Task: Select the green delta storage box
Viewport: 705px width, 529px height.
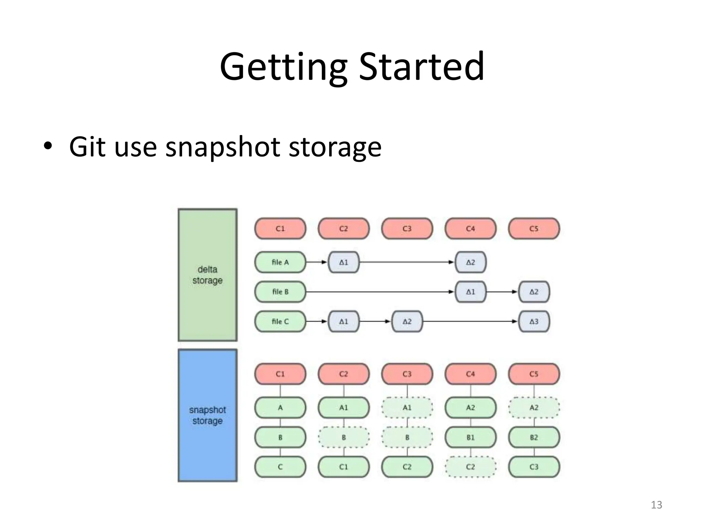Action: (207, 275)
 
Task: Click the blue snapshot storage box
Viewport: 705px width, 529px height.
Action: (207, 415)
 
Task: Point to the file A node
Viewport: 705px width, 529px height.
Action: (280, 262)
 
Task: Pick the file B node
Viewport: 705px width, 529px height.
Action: (280, 292)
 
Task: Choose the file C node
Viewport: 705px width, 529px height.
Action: (280, 321)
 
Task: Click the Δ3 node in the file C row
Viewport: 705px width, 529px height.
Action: (534, 321)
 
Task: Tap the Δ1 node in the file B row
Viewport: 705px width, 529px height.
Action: (470, 292)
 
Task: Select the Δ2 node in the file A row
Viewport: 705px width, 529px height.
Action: (470, 262)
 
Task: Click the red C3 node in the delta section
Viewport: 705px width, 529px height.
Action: (407, 228)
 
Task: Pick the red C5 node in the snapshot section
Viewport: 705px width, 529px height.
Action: (534, 374)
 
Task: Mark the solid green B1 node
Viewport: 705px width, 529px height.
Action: (470, 437)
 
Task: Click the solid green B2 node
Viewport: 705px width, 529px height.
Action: (534, 437)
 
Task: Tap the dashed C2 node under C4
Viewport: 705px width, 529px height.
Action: (470, 467)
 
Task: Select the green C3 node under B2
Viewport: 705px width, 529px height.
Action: (534, 467)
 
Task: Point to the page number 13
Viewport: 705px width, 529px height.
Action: (656, 505)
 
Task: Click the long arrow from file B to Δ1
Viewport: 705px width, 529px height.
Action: (379, 292)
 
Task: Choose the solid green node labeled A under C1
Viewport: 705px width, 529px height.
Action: (280, 407)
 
